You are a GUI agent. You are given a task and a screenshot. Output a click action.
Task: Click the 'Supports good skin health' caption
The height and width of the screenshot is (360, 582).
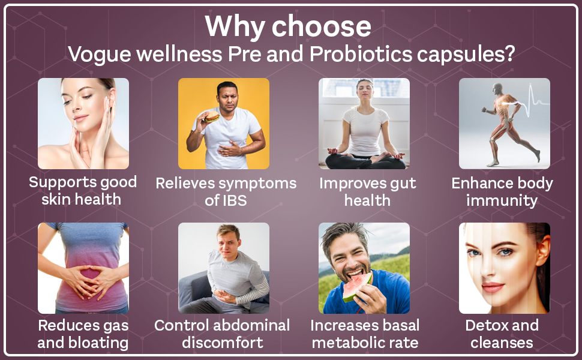(x=83, y=190)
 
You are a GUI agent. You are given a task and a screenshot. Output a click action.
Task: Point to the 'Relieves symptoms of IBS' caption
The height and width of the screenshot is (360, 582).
(x=226, y=191)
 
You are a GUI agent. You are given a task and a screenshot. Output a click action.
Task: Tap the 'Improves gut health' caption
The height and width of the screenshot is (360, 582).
(x=367, y=191)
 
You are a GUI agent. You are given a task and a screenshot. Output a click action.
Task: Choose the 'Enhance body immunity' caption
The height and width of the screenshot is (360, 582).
(x=502, y=191)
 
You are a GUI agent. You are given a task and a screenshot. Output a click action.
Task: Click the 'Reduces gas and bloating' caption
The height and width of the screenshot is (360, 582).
(x=83, y=334)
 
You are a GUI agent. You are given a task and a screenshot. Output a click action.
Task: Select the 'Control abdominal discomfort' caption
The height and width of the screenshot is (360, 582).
(x=222, y=334)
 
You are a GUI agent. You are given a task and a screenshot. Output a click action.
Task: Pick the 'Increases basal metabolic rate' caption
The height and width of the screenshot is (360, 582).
(x=365, y=334)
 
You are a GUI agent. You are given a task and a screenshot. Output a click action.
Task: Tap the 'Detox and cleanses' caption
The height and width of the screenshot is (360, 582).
(x=502, y=334)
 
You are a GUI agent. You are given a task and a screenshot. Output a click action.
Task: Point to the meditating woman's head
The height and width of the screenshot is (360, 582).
(x=365, y=92)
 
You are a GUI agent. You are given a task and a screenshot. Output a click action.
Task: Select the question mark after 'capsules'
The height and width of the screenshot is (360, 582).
(x=509, y=54)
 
